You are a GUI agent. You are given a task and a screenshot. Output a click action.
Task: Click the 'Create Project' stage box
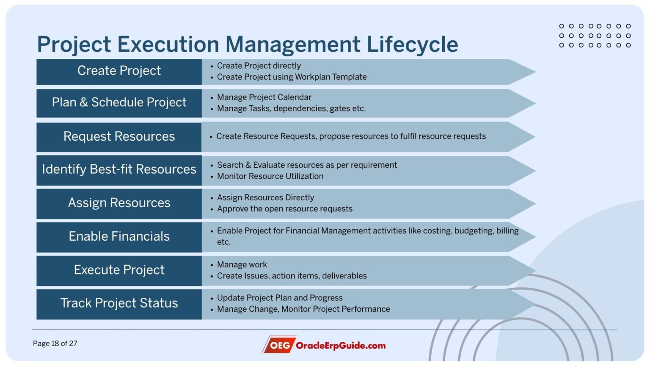click(x=119, y=71)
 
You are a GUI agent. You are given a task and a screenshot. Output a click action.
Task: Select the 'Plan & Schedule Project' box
click(x=119, y=103)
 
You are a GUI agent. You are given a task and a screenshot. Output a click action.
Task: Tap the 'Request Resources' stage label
click(x=119, y=136)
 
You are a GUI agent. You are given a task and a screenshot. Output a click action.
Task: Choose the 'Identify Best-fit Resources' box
click(x=119, y=169)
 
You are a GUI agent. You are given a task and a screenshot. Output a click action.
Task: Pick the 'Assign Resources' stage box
click(x=119, y=203)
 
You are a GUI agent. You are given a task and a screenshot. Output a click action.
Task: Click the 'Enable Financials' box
click(x=119, y=236)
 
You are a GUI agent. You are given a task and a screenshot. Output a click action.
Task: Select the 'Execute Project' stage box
click(x=119, y=270)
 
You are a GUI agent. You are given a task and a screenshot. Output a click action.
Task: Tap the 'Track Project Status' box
click(x=119, y=303)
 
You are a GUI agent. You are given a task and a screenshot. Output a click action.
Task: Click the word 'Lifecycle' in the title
click(x=412, y=44)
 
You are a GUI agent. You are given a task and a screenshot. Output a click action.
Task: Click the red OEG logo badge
click(x=279, y=345)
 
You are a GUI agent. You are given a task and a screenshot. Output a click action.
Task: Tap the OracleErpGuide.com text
click(x=341, y=346)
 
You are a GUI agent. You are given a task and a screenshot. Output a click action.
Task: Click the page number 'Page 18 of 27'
click(x=55, y=344)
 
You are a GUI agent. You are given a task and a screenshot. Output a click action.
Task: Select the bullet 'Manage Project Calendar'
click(x=264, y=97)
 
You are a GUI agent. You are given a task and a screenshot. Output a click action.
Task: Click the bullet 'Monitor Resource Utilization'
click(x=270, y=176)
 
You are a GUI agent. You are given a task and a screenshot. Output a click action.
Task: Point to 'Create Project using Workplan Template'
click(x=292, y=77)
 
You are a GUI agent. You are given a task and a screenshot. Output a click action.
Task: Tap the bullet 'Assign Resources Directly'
click(x=265, y=198)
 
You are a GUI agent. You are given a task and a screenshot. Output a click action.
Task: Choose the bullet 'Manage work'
click(x=242, y=265)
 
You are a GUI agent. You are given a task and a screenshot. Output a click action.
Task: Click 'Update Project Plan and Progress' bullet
click(x=280, y=298)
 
